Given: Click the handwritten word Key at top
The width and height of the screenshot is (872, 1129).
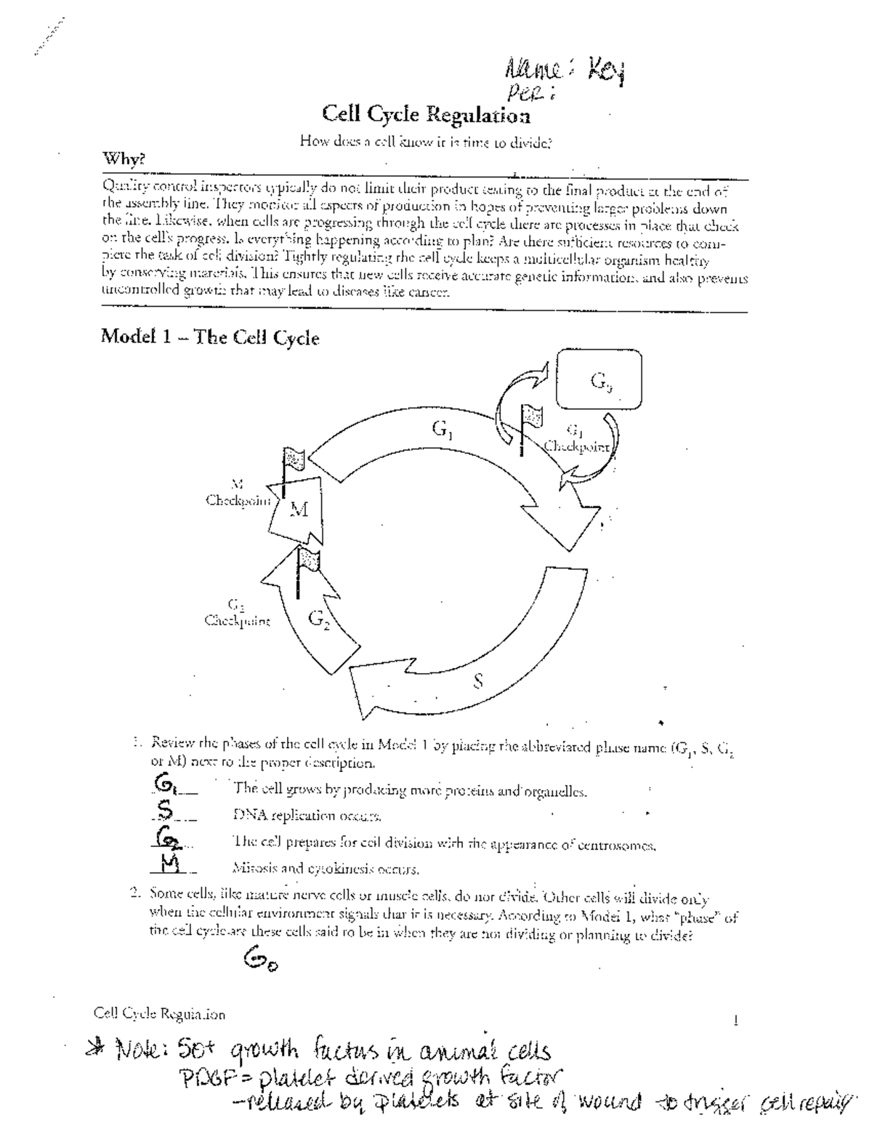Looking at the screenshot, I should [605, 72].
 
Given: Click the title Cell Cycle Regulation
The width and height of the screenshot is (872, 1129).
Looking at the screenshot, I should [426, 115].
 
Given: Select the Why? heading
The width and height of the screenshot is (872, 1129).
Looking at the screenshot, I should [124, 158].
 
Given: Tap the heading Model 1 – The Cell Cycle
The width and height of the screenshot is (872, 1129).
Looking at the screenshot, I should [209, 337].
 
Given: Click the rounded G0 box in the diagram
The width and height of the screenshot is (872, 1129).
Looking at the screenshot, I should [599, 379].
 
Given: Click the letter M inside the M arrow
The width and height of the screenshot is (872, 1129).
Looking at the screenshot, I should [299, 510].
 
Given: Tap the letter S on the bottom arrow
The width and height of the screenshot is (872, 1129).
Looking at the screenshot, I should [477, 681].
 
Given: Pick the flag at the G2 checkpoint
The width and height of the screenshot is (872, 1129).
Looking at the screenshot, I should [308, 561].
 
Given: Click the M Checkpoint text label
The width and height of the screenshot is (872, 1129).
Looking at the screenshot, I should [237, 494].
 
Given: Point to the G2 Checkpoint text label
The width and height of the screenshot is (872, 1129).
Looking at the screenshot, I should [237, 614].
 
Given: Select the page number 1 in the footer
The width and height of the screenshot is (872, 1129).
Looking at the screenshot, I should [737, 1021].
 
